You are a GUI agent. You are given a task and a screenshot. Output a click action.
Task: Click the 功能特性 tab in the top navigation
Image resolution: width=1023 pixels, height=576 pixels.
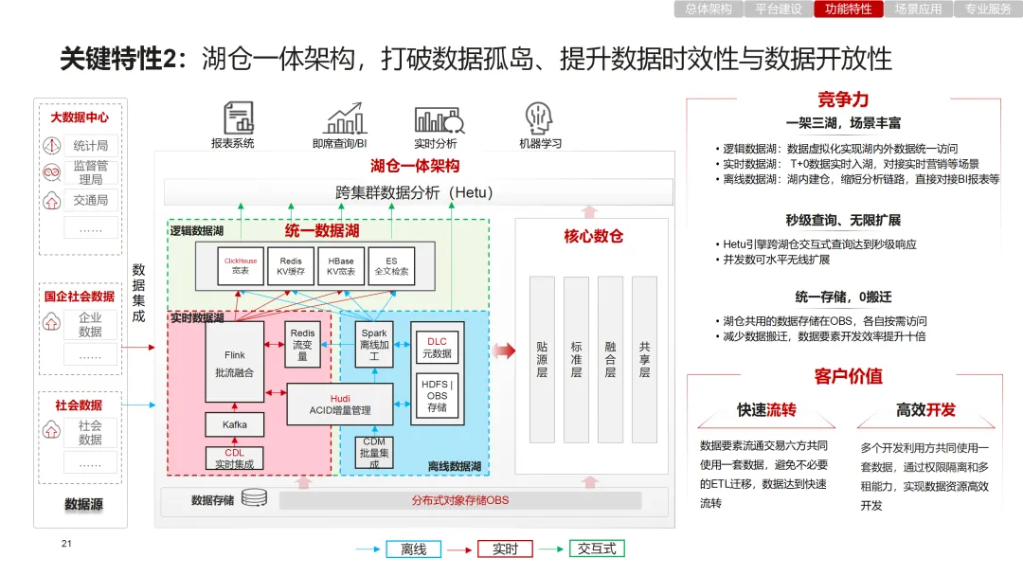pyautogui.click(x=848, y=9)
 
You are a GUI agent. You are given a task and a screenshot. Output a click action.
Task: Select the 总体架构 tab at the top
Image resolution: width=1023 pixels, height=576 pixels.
pyautogui.click(x=708, y=9)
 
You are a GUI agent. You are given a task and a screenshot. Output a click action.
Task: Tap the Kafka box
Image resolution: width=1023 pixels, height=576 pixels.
pyautogui.click(x=235, y=424)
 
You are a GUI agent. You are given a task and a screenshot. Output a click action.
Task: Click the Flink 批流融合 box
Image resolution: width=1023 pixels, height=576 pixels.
pyautogui.click(x=234, y=364)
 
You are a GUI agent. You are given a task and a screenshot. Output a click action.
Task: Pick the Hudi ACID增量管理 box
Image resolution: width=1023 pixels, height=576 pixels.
pyautogui.click(x=340, y=405)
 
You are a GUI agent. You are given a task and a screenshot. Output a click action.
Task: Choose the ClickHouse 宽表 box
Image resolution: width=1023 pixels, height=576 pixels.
pyautogui.click(x=240, y=265)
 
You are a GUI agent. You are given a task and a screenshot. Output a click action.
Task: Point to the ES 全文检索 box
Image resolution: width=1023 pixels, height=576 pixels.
pyautogui.click(x=391, y=265)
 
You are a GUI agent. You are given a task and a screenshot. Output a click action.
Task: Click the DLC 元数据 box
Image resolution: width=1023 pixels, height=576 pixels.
pyautogui.click(x=437, y=348)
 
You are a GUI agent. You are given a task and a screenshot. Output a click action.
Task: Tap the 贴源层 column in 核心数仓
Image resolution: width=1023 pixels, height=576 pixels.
pyautogui.click(x=542, y=359)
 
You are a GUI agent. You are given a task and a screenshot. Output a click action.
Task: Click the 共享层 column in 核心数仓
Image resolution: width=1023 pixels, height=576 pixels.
pyautogui.click(x=644, y=359)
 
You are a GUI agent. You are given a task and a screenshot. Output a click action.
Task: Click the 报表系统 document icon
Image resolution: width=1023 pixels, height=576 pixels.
pyautogui.click(x=238, y=117)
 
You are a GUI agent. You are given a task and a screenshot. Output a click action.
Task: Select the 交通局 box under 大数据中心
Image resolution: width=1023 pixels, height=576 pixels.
pyautogui.click(x=91, y=200)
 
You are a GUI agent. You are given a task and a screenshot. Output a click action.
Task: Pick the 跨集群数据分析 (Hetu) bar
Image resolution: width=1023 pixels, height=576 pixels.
pyautogui.click(x=418, y=192)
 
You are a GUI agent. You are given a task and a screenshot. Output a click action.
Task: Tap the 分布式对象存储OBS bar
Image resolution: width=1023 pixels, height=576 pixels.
pyautogui.click(x=459, y=499)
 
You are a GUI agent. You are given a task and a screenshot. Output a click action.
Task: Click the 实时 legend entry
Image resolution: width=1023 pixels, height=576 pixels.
pyautogui.click(x=505, y=549)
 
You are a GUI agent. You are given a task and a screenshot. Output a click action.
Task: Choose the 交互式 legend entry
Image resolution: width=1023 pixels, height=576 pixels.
pyautogui.click(x=597, y=549)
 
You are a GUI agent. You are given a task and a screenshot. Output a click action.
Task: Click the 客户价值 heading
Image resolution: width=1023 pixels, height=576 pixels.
pyautogui.click(x=848, y=376)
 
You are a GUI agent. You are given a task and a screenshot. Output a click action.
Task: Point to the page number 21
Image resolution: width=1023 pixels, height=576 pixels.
pyautogui.click(x=66, y=544)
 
